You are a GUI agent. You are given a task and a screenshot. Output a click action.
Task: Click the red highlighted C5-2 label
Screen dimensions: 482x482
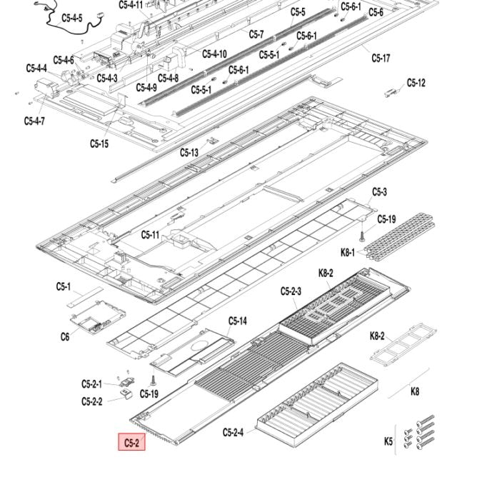131,443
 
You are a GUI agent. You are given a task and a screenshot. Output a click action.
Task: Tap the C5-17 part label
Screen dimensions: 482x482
381,58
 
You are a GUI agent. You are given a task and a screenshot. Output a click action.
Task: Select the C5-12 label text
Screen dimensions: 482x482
416,83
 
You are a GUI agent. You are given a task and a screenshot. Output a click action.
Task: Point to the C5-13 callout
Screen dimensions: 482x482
189,152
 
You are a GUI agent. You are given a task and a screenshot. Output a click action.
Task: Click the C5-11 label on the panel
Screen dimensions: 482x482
150,234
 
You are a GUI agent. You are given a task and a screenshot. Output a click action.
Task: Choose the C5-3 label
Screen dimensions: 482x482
379,192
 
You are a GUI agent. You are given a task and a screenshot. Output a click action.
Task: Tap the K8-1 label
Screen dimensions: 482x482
348,252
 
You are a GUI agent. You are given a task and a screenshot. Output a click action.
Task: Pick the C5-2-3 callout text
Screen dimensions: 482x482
291,291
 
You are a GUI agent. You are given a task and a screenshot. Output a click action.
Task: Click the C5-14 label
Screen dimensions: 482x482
238,321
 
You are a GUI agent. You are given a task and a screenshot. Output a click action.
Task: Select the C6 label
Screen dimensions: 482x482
64,336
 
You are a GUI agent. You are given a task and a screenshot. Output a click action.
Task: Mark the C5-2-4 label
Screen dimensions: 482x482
233,432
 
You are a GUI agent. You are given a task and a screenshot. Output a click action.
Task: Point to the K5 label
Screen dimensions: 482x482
388,441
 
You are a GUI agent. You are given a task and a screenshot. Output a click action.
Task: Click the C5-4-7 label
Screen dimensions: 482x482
34,121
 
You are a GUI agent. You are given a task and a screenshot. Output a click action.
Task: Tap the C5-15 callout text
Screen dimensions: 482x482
99,144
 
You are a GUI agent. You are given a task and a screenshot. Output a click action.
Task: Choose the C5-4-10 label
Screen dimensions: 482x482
214,54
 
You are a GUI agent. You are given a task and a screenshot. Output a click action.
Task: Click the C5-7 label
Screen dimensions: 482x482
256,34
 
